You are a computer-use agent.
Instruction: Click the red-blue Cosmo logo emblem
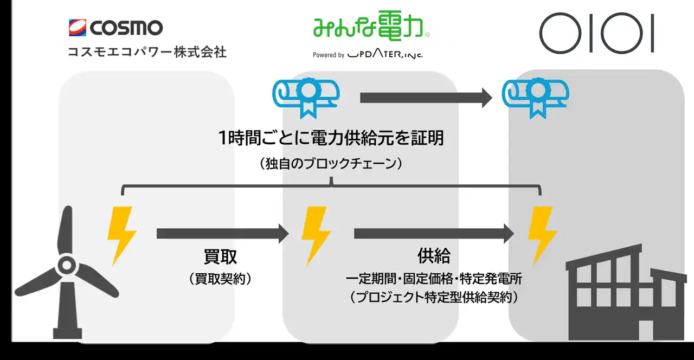point(78,28)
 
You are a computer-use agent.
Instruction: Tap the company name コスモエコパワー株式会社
point(147,52)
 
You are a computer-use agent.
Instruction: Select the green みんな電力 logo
point(371,25)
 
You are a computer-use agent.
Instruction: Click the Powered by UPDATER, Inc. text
point(368,54)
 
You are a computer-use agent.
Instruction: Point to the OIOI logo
point(597,33)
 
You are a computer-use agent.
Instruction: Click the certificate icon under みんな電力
point(306,98)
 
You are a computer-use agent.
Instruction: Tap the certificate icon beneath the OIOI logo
point(536,98)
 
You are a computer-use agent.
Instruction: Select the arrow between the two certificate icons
point(426,98)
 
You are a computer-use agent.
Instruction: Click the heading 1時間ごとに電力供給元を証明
point(331,138)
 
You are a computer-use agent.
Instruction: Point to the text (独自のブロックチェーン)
point(331,164)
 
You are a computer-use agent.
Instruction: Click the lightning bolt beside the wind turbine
point(122,236)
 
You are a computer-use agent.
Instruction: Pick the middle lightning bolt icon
point(316,236)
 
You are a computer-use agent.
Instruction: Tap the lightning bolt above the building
point(542,236)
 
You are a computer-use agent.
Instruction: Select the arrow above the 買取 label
point(223,234)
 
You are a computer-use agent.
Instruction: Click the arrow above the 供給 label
point(434,234)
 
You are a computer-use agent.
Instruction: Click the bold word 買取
point(220,256)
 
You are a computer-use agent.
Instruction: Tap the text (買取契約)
point(220,279)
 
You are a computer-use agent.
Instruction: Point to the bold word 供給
point(434,255)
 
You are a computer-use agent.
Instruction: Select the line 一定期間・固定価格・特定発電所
point(434,279)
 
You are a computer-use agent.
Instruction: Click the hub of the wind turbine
point(67,265)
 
